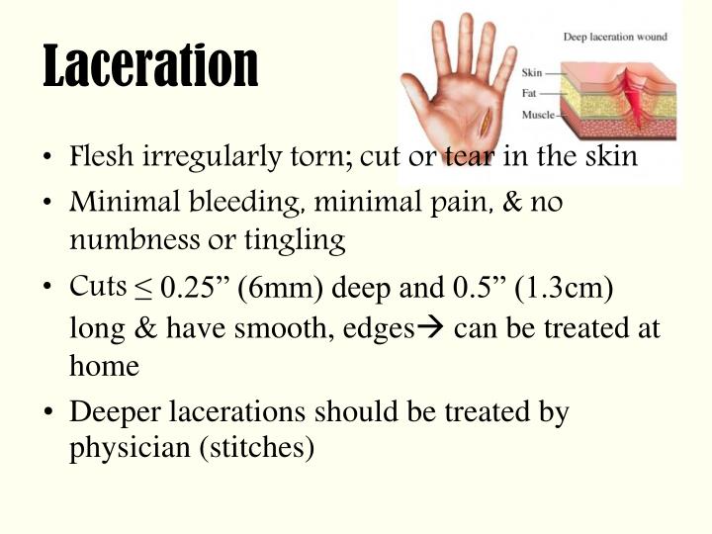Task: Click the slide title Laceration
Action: click(150, 64)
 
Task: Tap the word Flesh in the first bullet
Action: click(95, 157)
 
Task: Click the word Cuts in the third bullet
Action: click(98, 286)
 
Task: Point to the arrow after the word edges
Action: click(431, 327)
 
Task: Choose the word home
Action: click(104, 365)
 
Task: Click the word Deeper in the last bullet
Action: click(113, 411)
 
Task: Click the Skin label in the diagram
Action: click(533, 73)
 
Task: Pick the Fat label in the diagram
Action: click(530, 94)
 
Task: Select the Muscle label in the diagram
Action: click(537, 115)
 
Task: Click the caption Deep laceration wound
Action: click(614, 38)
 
